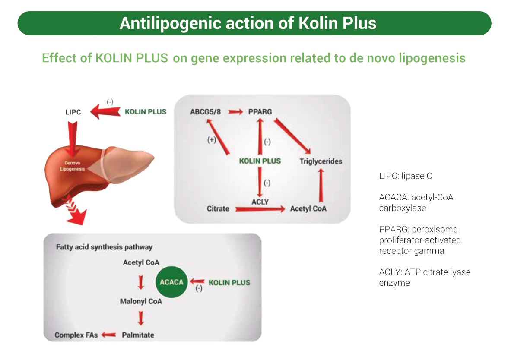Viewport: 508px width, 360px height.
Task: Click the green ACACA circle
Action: click(171, 282)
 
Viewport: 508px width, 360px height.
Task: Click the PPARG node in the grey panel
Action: click(260, 112)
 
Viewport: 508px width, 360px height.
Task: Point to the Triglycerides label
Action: click(321, 161)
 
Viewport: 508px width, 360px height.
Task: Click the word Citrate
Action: click(218, 209)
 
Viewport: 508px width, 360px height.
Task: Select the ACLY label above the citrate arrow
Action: click(260, 202)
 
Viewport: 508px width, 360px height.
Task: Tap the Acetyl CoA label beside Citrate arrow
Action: click(308, 209)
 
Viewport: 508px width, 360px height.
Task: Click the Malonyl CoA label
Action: click(141, 301)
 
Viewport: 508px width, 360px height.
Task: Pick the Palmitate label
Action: click(138, 335)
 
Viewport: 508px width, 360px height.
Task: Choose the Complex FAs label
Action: click(76, 335)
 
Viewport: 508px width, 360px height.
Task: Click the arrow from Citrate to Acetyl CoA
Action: click(260, 209)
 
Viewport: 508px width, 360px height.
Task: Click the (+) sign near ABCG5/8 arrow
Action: click(212, 140)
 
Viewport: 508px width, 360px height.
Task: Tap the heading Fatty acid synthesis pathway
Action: click(104, 247)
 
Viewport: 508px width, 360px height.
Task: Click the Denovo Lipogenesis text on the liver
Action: click(72, 167)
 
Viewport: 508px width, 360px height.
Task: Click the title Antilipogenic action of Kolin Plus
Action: click(248, 23)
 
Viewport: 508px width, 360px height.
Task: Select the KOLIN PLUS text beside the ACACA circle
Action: click(229, 283)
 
